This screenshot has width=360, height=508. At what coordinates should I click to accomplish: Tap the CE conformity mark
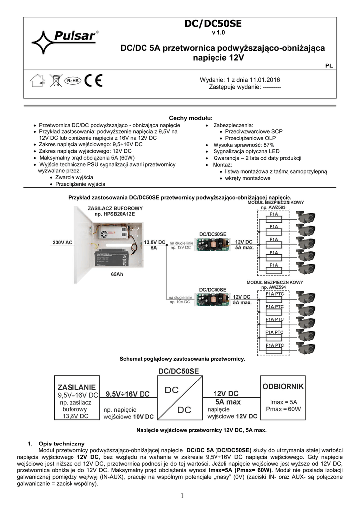pyautogui.click(x=92, y=80)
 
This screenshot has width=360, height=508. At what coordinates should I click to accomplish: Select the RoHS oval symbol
pyautogui.click(x=72, y=80)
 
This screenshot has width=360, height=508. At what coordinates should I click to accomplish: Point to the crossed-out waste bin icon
pyautogui.click(x=55, y=80)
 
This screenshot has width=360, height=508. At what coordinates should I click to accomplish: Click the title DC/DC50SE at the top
pyautogui.click(x=212, y=24)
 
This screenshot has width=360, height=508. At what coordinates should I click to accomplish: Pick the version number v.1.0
pyautogui.click(x=212, y=33)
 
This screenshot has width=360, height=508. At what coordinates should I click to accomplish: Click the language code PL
pyautogui.click(x=329, y=65)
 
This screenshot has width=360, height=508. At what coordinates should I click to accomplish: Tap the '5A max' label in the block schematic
pyautogui.click(x=228, y=402)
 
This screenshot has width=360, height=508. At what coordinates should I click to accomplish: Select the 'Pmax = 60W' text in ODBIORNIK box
pyautogui.click(x=283, y=409)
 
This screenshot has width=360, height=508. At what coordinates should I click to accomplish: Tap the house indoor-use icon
pyautogui.click(x=37, y=80)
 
